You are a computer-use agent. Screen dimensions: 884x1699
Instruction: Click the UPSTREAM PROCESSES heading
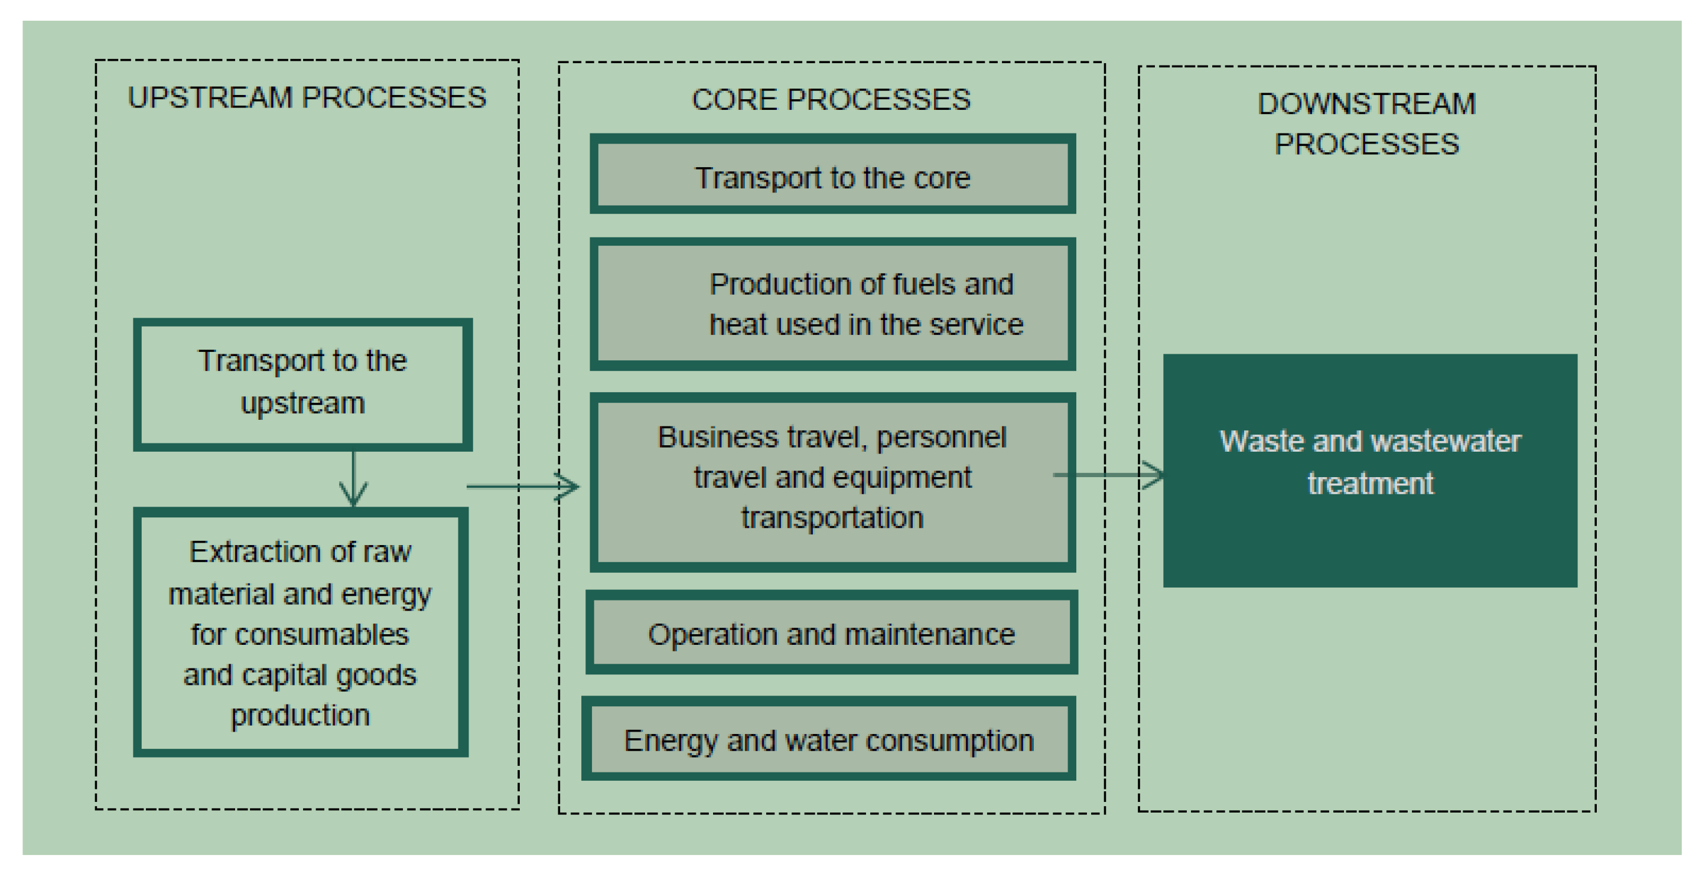pyautogui.click(x=307, y=97)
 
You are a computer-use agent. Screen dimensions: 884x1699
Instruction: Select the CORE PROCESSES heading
pyautogui.click(x=831, y=100)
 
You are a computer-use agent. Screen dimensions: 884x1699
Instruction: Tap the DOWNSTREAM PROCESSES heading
pyautogui.click(x=1366, y=124)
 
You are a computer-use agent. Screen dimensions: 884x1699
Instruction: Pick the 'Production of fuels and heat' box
pyautogui.click(x=832, y=305)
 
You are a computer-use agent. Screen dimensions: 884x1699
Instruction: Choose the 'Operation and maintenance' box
pyautogui.click(x=831, y=634)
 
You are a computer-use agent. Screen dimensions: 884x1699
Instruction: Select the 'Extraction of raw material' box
pyautogui.click(x=300, y=631)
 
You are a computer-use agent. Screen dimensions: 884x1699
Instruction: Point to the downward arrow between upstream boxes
pyautogui.click(x=353, y=480)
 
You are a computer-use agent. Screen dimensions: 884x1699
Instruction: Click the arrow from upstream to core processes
pyautogui.click(x=522, y=487)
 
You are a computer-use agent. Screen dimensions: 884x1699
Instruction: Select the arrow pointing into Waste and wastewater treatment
pyautogui.click(x=1109, y=475)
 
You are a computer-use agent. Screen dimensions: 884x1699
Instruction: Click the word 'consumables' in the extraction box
pyautogui.click(x=321, y=635)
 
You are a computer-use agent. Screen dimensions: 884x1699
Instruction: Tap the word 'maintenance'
pyautogui.click(x=929, y=634)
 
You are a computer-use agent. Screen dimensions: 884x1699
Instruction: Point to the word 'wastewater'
pyautogui.click(x=1445, y=441)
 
